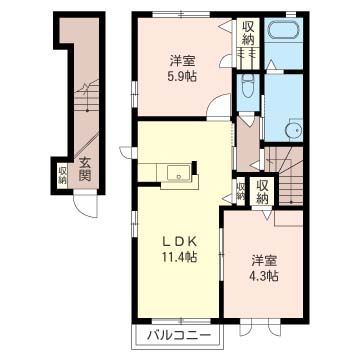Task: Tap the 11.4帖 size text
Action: (x=179, y=256)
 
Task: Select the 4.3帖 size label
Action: (x=265, y=276)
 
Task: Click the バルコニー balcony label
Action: (x=179, y=335)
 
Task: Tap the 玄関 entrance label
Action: (x=85, y=169)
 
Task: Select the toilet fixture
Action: (x=248, y=85)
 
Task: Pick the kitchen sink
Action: (x=179, y=173)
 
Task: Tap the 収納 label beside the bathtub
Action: (x=248, y=33)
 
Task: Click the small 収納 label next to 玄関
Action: (x=62, y=175)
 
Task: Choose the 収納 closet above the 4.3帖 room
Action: (x=262, y=193)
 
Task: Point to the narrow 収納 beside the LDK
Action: (x=240, y=192)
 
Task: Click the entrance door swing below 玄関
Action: (x=86, y=206)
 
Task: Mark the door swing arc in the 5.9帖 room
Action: (x=218, y=105)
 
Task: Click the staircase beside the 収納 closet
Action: (x=286, y=176)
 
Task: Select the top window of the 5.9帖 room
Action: (x=181, y=14)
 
